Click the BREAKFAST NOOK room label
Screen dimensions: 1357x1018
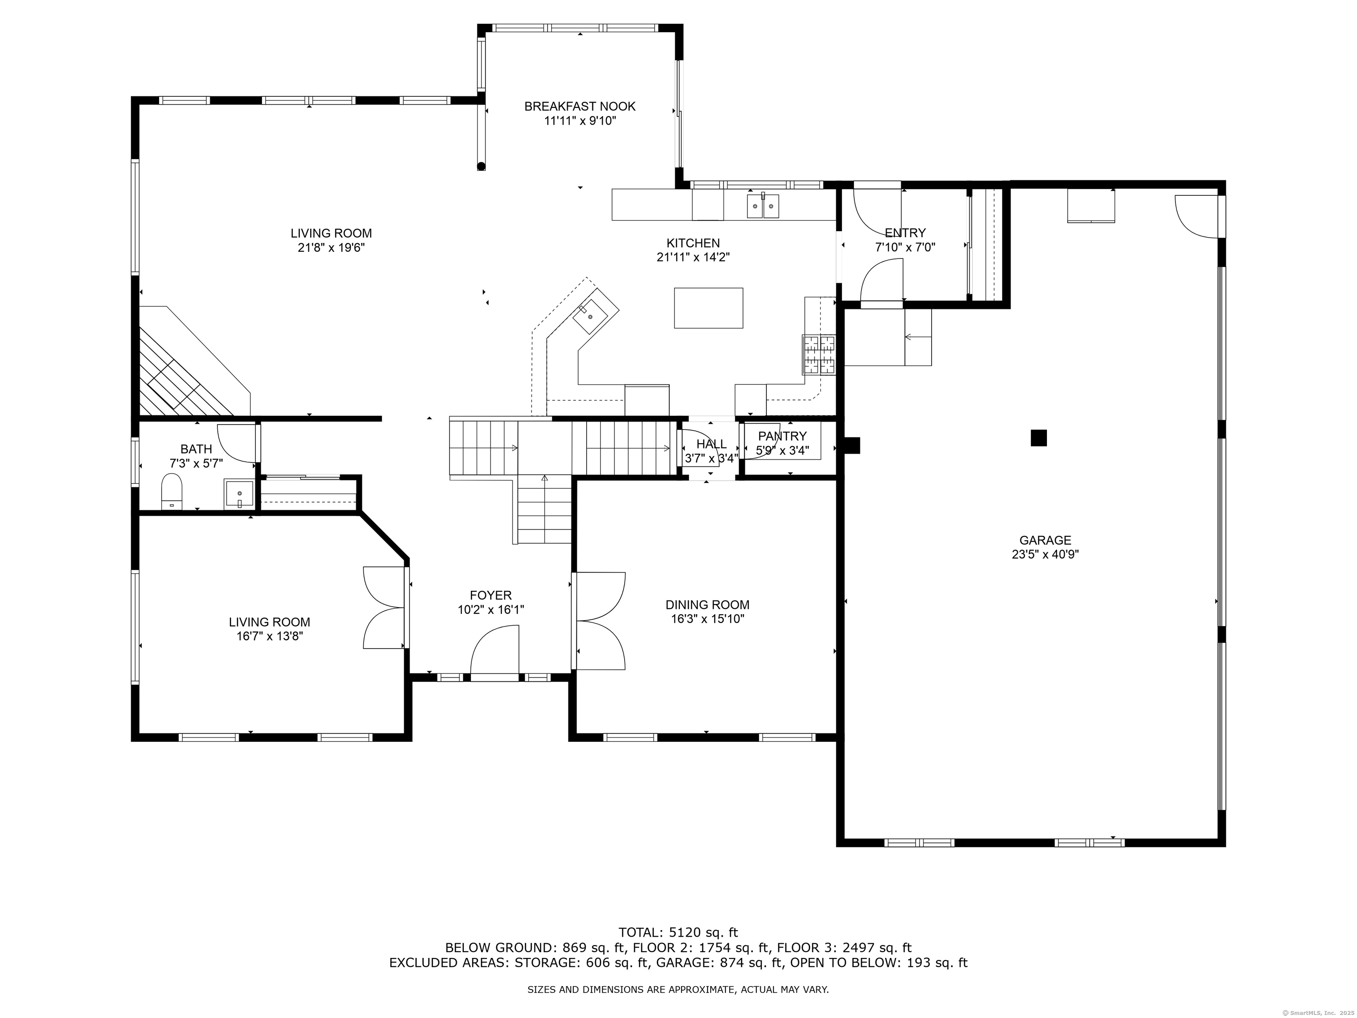pyautogui.click(x=580, y=106)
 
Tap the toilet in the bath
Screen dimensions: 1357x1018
pyautogui.click(x=172, y=491)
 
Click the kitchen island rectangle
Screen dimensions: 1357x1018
pyautogui.click(x=709, y=308)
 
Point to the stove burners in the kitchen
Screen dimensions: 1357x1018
pyautogui.click(x=819, y=355)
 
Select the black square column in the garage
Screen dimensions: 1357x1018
pyautogui.click(x=1039, y=437)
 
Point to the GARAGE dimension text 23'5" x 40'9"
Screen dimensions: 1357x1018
pyautogui.click(x=1045, y=555)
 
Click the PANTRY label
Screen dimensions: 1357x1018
pyautogui.click(x=782, y=436)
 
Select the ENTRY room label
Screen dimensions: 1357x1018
pyautogui.click(x=905, y=233)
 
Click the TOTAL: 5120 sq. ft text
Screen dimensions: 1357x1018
pyautogui.click(x=678, y=933)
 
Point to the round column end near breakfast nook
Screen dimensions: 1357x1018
pyautogui.click(x=481, y=165)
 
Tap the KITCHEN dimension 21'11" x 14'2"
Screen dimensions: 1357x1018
pyautogui.click(x=693, y=258)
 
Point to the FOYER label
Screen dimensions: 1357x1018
pyautogui.click(x=491, y=595)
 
